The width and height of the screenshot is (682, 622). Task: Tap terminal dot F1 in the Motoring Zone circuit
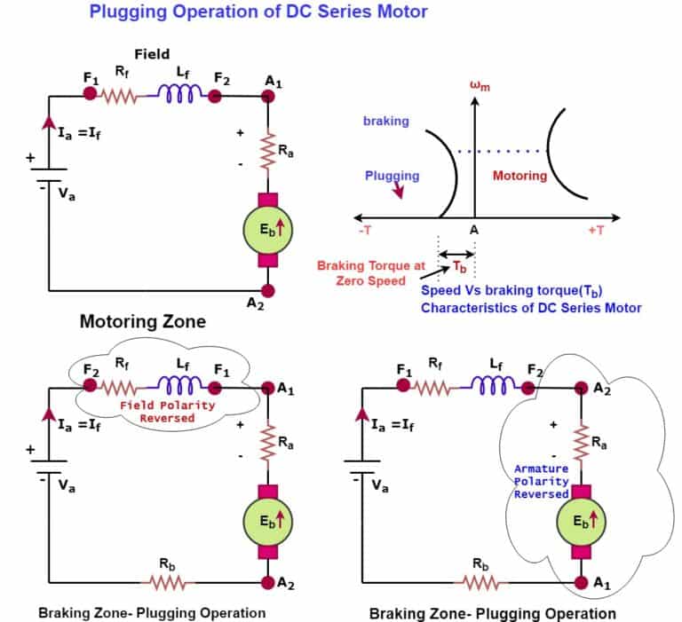coord(91,94)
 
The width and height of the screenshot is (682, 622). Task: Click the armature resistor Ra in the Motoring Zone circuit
coord(269,151)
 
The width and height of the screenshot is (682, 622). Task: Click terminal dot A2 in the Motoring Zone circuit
coord(269,291)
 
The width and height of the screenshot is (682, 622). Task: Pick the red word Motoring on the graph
coord(519,176)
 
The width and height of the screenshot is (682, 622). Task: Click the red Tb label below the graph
coord(458,266)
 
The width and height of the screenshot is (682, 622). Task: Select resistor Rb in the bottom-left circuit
coord(169,583)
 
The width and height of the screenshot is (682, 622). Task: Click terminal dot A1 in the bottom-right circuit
coord(581,583)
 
